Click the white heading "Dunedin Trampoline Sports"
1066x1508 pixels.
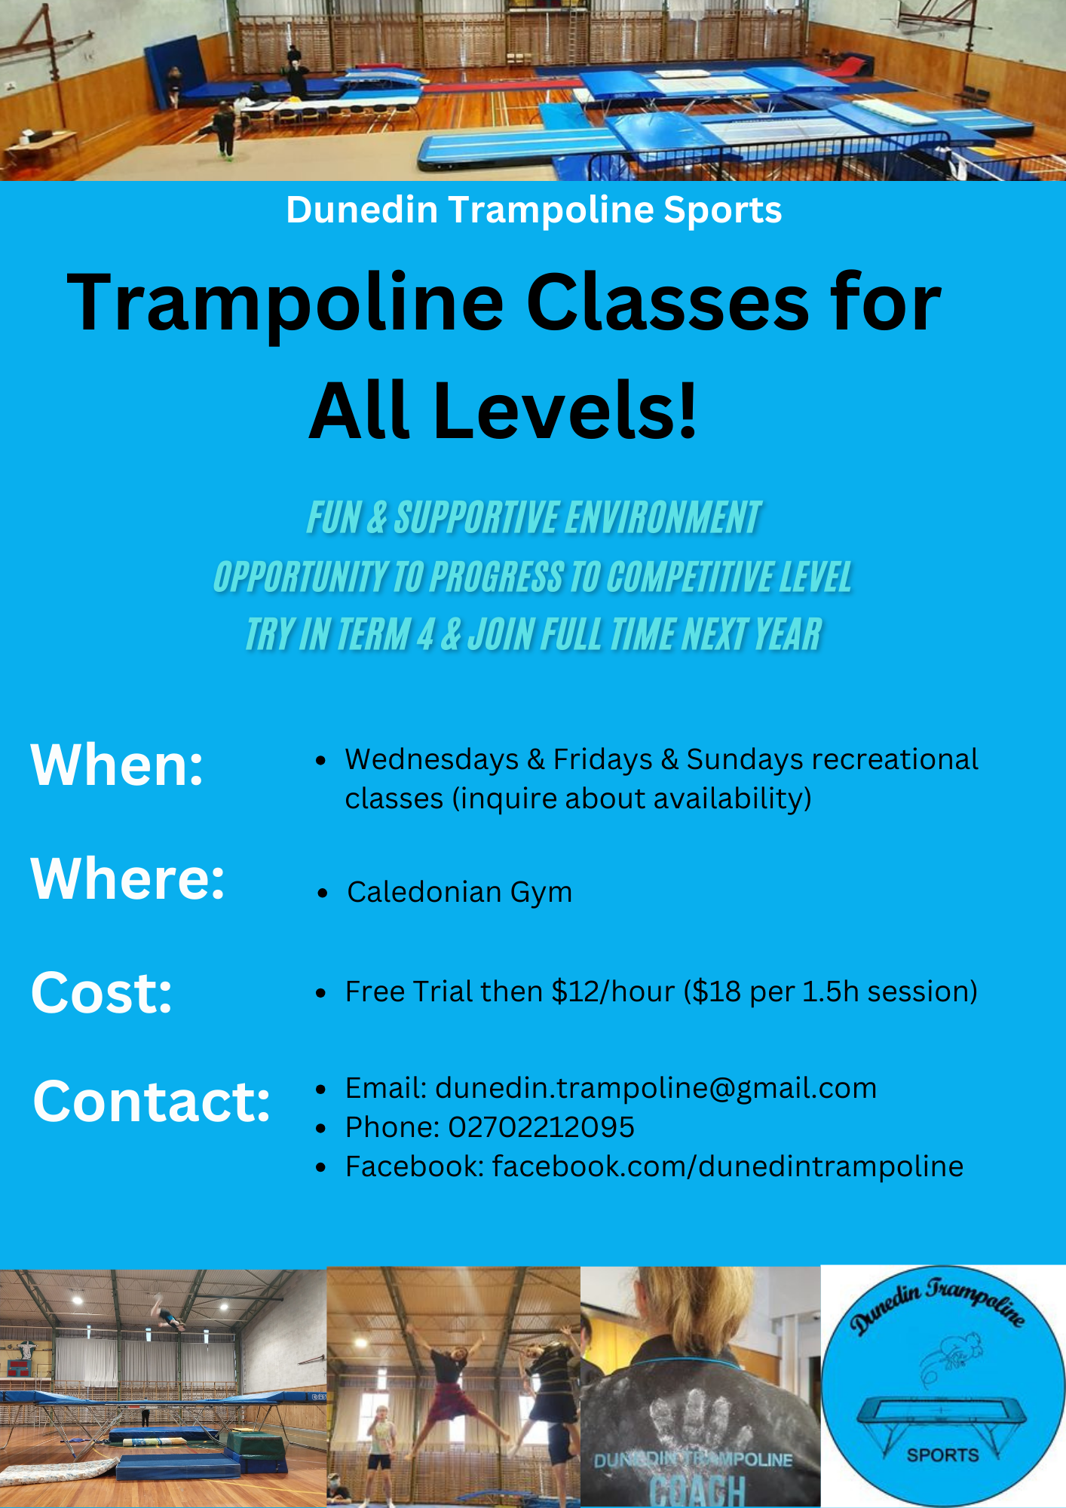point(534,210)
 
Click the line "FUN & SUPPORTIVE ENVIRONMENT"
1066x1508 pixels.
point(534,518)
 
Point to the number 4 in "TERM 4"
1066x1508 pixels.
point(425,634)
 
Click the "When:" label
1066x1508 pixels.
point(117,765)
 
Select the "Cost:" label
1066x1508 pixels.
point(102,992)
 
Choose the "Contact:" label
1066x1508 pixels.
point(152,1101)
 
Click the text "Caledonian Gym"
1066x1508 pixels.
point(459,893)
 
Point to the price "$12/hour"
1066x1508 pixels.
point(613,992)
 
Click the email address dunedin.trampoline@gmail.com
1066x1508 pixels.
point(656,1089)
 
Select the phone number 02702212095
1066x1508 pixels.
point(541,1127)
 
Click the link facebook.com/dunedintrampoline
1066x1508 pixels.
point(728,1166)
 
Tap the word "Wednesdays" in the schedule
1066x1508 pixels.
point(432,759)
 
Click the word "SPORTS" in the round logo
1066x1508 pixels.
point(942,1455)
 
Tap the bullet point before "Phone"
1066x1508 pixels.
point(321,1129)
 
